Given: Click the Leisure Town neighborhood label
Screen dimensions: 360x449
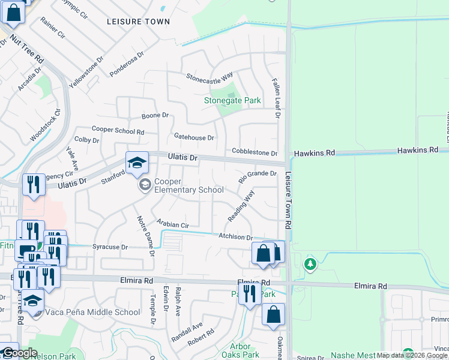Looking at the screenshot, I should click(x=138, y=22).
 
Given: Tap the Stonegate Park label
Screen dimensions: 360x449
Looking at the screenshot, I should click(x=232, y=100).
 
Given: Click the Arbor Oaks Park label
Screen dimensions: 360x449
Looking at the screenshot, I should click(x=244, y=350).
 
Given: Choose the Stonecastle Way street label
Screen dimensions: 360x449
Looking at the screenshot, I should click(x=209, y=77).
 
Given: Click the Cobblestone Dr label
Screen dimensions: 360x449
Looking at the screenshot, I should click(x=255, y=154).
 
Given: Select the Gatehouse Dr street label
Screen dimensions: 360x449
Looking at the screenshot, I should click(x=193, y=137).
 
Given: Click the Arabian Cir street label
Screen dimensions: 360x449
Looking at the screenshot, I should click(x=173, y=223).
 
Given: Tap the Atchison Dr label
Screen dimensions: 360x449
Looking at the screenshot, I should click(x=235, y=238).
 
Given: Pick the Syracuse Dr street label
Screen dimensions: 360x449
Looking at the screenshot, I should click(x=110, y=247).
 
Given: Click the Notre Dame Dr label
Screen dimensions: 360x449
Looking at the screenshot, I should click(x=145, y=236).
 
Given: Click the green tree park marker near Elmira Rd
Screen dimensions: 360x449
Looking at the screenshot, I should click(x=310, y=264).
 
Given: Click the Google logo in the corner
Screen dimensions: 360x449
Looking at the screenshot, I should click(x=19, y=353).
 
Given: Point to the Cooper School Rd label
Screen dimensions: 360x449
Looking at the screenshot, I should click(x=118, y=130).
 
